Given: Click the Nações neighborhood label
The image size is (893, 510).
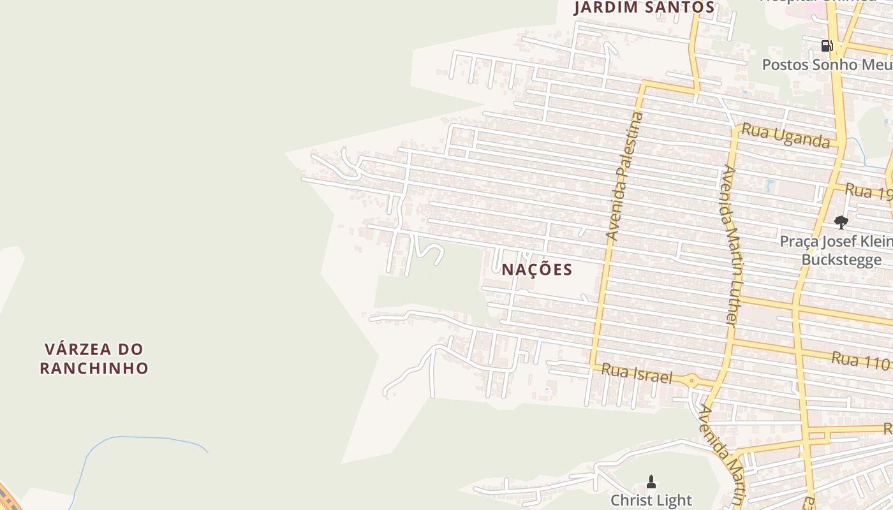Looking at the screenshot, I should [536, 269].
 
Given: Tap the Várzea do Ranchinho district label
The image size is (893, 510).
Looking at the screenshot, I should [94, 358].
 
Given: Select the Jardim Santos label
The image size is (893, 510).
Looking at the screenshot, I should [644, 8].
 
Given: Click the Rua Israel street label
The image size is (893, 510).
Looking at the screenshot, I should [637, 374].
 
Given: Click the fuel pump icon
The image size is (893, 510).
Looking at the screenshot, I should [827, 45].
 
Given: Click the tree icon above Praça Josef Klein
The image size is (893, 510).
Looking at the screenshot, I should [841, 222].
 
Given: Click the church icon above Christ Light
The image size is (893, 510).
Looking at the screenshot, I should [651, 481].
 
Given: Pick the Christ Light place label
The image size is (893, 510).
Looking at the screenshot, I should [651, 500].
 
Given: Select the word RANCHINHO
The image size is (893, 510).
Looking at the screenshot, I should [94, 368].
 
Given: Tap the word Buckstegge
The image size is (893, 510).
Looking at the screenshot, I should [841, 260].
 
